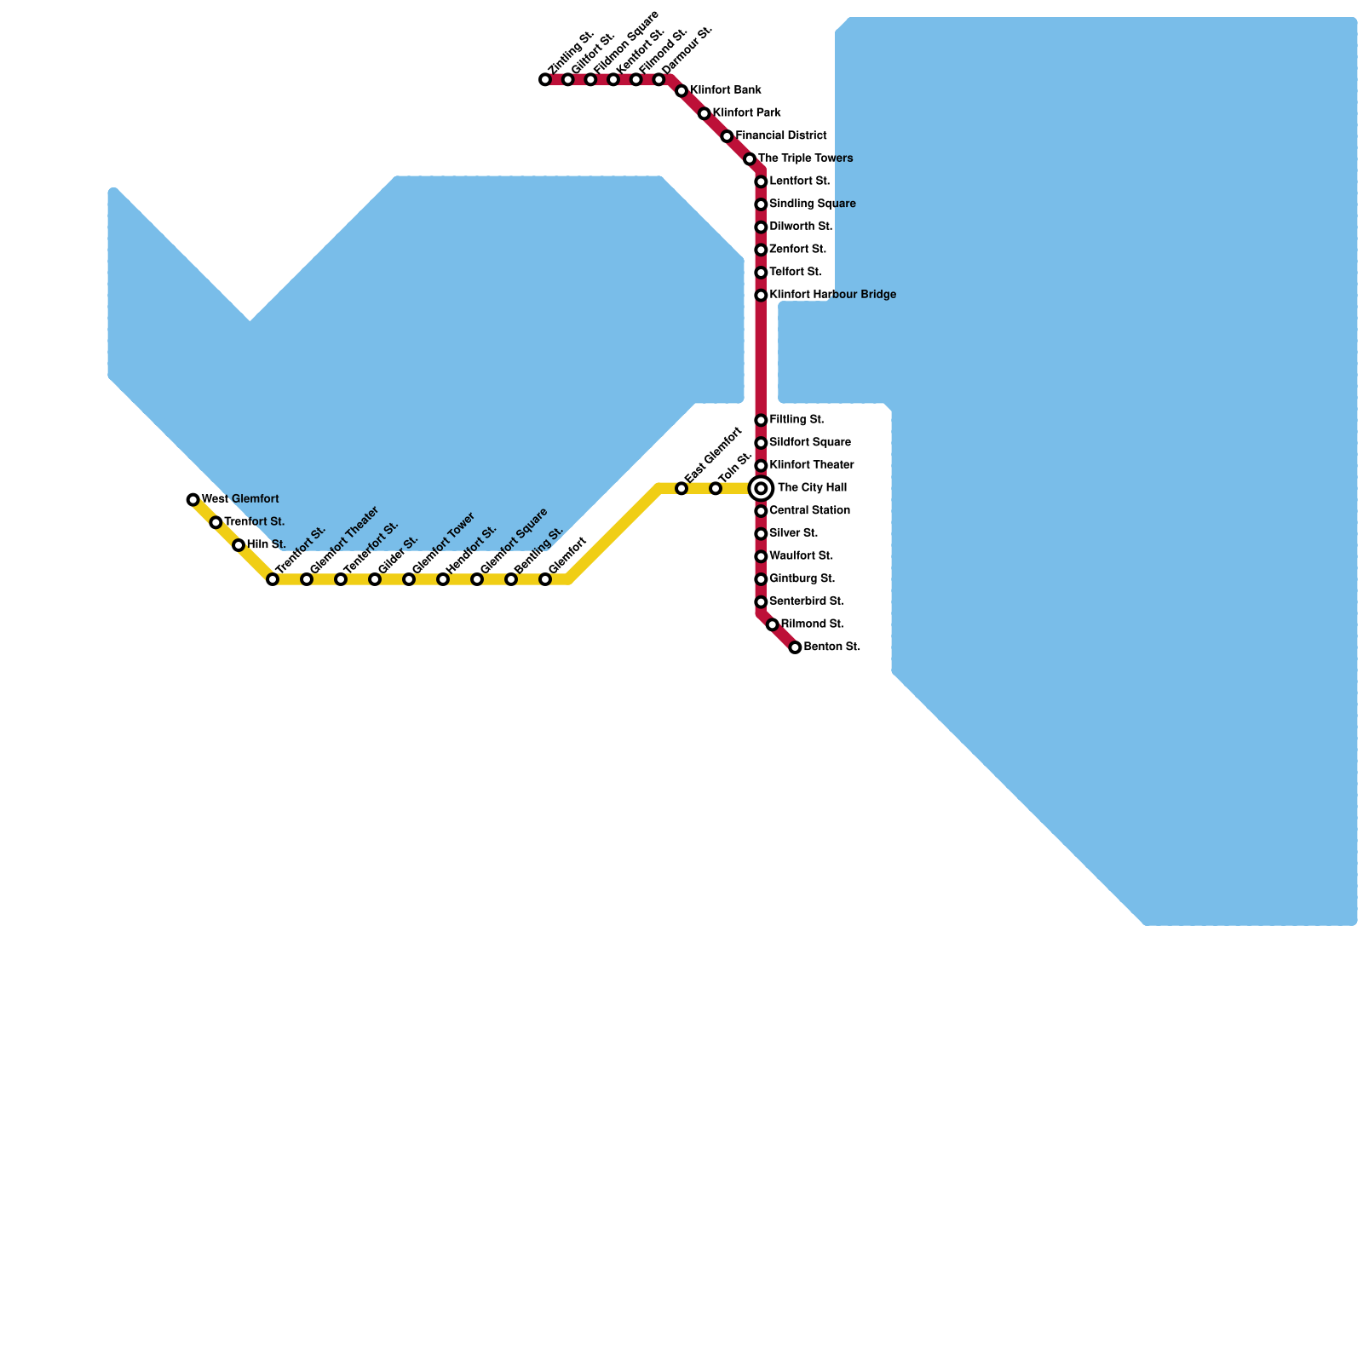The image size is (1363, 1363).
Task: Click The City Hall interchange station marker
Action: (761, 488)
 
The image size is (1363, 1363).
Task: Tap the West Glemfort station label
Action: (240, 499)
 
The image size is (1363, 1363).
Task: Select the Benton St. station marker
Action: (795, 647)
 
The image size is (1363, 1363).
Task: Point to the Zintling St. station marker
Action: (545, 80)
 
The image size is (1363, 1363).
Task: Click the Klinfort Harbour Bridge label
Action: (832, 295)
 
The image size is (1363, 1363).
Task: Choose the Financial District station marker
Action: (727, 136)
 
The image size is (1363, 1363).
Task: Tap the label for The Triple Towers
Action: (805, 158)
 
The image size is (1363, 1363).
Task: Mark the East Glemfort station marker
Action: (681, 488)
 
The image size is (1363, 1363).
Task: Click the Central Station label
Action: (809, 510)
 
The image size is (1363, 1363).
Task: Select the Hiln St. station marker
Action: (239, 545)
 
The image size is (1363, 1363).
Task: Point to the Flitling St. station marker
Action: (761, 420)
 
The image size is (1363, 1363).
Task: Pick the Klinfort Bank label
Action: (725, 90)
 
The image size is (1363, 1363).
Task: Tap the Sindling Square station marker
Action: (761, 204)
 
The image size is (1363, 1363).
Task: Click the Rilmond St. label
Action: (812, 624)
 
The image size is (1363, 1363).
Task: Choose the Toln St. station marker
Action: (716, 488)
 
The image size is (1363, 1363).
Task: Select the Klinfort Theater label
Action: (811, 465)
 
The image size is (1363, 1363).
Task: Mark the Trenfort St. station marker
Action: (216, 522)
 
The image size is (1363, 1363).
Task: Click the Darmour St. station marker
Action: (658, 80)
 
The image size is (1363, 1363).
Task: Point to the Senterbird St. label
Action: (807, 601)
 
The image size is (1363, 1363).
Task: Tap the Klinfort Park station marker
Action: (705, 113)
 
